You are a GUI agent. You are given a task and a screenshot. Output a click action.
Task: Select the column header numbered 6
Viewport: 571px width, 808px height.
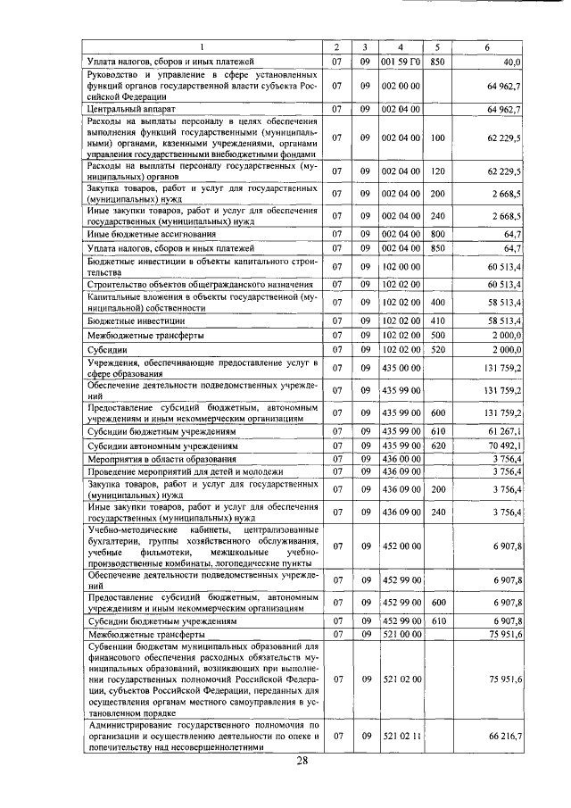click(486, 46)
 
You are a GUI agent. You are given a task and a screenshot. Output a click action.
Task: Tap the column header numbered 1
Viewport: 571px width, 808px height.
click(201, 46)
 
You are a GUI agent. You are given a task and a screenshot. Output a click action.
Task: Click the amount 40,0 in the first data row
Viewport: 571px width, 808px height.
click(512, 62)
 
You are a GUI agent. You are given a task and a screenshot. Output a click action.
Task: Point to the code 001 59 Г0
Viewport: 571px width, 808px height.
click(401, 62)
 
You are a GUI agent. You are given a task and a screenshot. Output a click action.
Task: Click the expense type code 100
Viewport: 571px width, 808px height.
click(436, 138)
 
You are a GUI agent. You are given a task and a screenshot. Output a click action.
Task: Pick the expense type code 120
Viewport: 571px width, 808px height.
click(436, 171)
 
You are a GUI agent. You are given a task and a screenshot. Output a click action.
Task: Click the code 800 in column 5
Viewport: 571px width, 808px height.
click(436, 233)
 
